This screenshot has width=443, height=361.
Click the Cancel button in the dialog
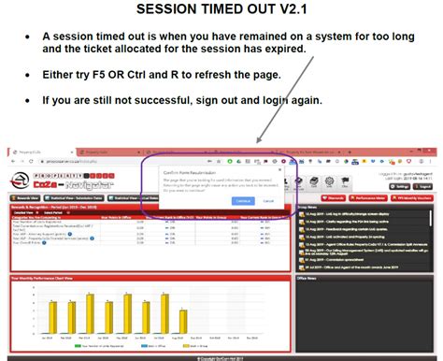click(x=268, y=200)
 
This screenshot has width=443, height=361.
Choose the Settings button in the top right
click(x=401, y=186)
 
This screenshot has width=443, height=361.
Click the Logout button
click(x=425, y=186)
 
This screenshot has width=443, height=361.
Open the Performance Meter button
click(x=372, y=198)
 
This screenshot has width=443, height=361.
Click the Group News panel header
click(x=307, y=208)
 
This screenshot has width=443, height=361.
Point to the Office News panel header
click(x=307, y=278)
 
